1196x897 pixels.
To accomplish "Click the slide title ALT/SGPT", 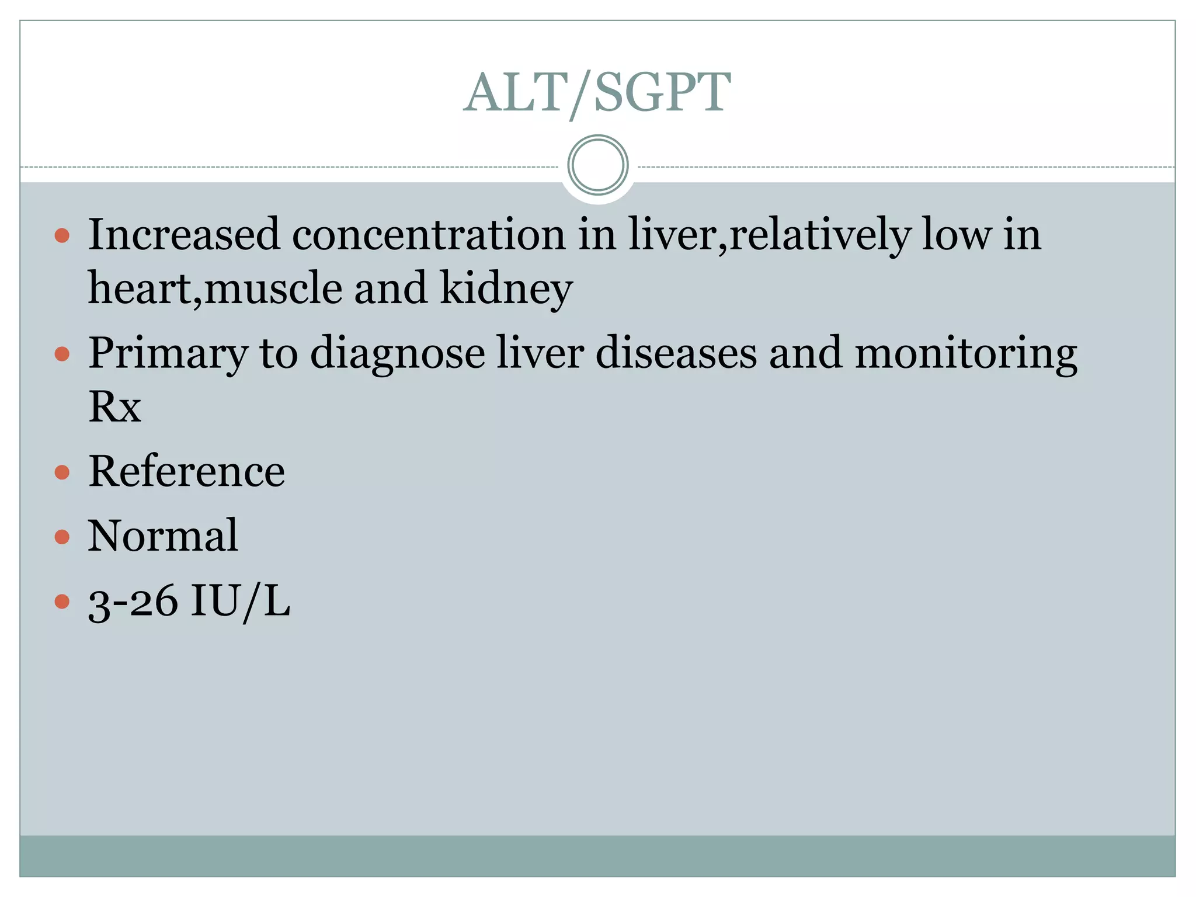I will [597, 92].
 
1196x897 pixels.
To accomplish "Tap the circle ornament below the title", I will [597, 165].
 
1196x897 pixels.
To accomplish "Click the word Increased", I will [184, 234].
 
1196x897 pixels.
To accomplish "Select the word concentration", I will [428, 234].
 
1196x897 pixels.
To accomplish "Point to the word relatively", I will [820, 235].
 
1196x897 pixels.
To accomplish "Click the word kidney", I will [506, 288].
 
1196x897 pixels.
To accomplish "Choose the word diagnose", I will [397, 354].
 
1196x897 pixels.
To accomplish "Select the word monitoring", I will [966, 354].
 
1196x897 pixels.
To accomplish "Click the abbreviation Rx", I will [114, 406].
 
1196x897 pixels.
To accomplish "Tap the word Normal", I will [163, 536].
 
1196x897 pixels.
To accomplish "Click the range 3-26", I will [133, 602].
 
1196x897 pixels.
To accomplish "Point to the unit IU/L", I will [240, 602].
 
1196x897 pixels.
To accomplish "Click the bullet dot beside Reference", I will [62, 472].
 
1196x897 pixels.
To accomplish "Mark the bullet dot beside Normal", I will [62, 537].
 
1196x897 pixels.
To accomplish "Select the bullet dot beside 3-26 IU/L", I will [62, 602].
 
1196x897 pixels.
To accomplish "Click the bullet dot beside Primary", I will [62, 354].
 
